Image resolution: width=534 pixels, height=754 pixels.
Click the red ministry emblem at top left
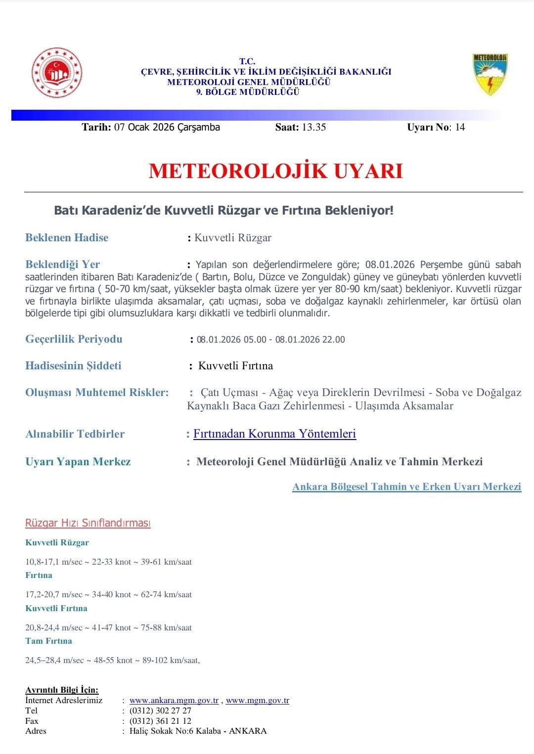coord(57,73)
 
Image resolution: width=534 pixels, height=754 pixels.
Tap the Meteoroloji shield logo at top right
coord(490,74)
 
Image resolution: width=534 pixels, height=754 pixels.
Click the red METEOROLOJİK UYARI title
coord(275,171)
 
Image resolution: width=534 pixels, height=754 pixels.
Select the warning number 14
coord(460,127)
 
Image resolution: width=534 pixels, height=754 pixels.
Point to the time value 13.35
coord(313,127)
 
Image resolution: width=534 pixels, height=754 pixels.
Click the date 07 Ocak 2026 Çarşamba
coord(167,127)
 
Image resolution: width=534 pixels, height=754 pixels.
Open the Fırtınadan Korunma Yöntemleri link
coord(274,434)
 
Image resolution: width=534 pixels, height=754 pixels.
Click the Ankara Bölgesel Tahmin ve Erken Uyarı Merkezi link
coord(406,487)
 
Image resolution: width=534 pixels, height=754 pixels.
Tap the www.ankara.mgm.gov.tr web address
coord(174,700)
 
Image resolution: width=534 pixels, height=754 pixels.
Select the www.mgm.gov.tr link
coord(257,700)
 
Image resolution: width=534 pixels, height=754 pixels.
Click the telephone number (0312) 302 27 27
coord(160,710)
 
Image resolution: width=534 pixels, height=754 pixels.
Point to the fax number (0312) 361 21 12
coord(160,721)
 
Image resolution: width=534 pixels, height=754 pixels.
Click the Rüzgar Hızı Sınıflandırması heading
coord(88,523)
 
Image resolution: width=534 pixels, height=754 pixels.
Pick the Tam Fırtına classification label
coord(48,641)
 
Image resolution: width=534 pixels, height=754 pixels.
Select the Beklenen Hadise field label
coord(67,237)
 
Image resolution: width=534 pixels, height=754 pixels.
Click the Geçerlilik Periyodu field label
coord(74,339)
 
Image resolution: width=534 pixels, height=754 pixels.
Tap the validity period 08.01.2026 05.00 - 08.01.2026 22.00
coord(270,340)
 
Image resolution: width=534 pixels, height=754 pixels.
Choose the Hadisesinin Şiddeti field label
coord(73,365)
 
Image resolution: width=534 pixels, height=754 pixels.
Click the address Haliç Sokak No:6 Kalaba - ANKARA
coord(198,731)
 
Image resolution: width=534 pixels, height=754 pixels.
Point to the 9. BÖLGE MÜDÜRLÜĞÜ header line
coord(248,92)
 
